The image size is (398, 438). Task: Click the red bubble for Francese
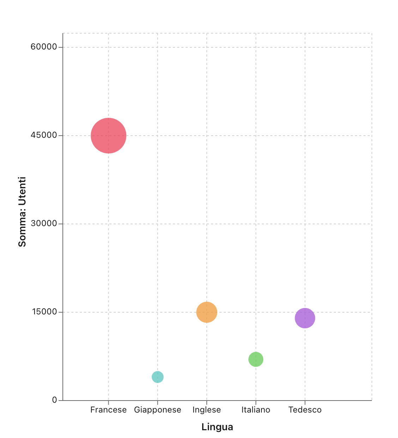click(109, 136)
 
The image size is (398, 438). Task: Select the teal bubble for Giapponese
click(158, 377)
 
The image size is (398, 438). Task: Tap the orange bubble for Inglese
click(207, 312)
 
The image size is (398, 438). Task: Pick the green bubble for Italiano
click(256, 360)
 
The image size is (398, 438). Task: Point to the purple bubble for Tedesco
click(305, 318)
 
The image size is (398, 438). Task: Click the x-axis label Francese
click(108, 410)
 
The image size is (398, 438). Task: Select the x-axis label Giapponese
click(158, 410)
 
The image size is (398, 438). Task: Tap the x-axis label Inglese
click(207, 410)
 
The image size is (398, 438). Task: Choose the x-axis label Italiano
click(256, 410)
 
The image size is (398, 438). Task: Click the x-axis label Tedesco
click(305, 410)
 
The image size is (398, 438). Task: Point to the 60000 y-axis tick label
click(44, 47)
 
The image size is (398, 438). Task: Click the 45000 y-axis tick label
click(44, 135)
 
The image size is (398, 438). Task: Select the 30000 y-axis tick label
click(44, 224)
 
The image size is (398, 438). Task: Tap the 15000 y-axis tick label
click(44, 312)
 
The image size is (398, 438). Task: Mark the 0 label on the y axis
click(54, 400)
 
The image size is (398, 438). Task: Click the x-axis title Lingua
click(217, 427)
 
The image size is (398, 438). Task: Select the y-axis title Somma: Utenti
click(22, 212)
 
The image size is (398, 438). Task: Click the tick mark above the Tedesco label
click(305, 403)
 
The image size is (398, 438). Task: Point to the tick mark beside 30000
click(61, 224)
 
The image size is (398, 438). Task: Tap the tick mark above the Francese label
click(108, 403)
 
